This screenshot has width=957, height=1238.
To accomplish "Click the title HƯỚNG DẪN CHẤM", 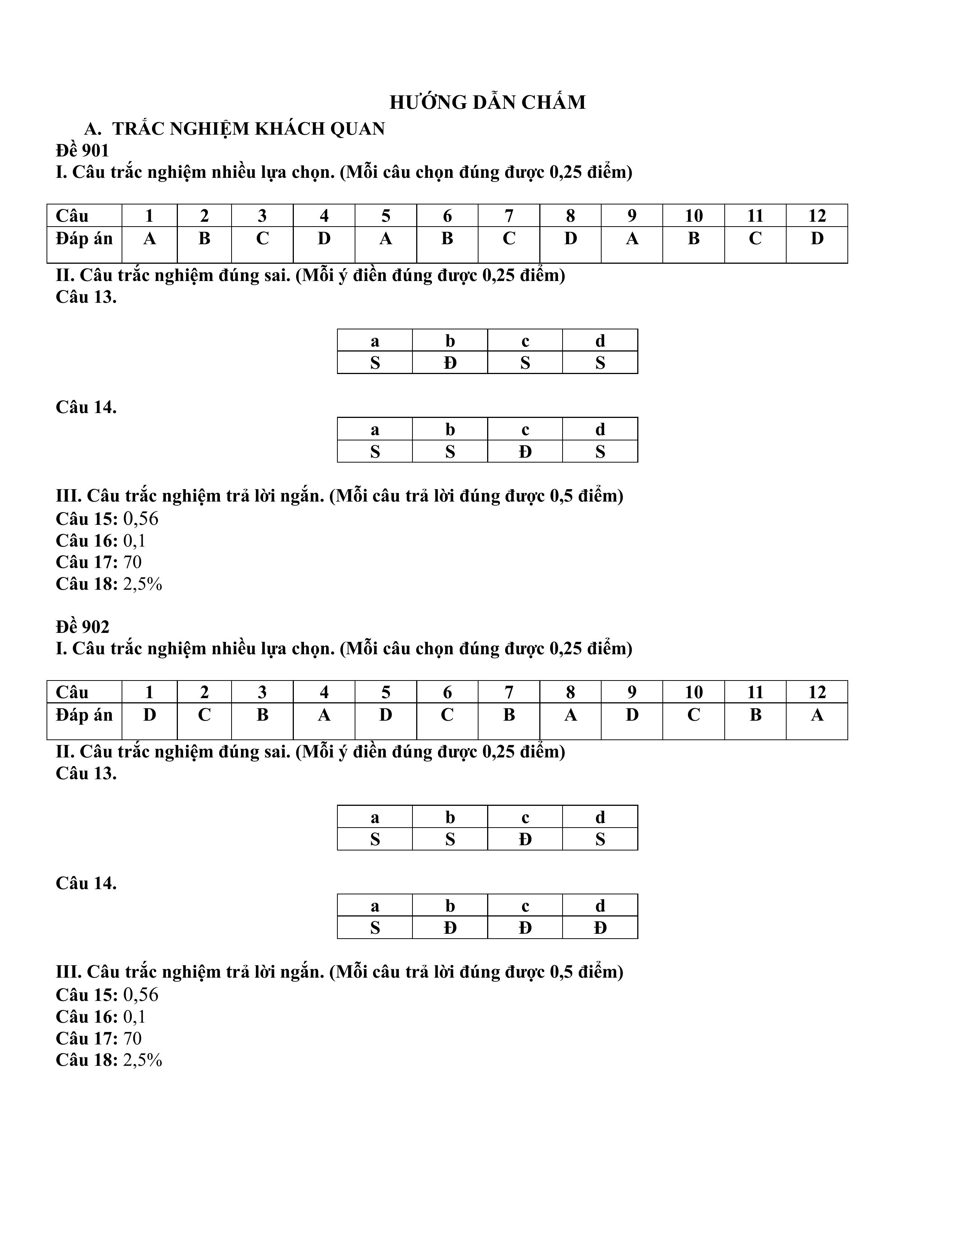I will (x=488, y=102).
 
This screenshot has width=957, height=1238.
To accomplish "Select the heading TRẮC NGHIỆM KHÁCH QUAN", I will (x=248, y=129).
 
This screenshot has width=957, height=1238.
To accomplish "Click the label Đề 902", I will (x=82, y=627).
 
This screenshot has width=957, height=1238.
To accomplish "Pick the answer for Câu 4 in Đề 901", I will (x=324, y=239).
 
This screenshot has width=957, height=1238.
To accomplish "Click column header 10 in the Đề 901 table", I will (x=694, y=216).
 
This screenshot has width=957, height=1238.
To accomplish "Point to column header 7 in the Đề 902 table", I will (x=509, y=692).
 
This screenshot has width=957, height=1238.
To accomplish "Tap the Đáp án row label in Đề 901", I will (x=84, y=239).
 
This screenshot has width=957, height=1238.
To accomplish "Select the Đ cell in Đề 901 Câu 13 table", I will (x=450, y=363).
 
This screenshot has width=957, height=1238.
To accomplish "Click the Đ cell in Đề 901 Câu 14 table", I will (x=525, y=452).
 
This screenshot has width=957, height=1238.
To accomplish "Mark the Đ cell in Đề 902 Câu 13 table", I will (x=525, y=840).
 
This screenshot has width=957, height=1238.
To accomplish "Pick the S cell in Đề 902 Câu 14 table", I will (x=375, y=928).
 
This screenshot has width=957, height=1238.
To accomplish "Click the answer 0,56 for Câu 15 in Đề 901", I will (x=141, y=519).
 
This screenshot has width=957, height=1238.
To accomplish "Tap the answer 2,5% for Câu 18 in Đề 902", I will (x=142, y=1060).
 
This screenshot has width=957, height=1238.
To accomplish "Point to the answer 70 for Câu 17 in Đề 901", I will (x=132, y=562).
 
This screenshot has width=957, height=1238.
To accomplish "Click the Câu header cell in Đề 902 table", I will (x=72, y=692).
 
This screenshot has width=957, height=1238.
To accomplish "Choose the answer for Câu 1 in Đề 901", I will (x=149, y=239).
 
